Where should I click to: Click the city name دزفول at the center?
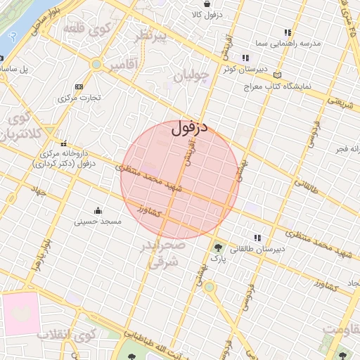pos(189,129)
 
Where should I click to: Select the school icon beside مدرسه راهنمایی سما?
pos(287,32)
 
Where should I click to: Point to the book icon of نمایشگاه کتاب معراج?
pos(278,75)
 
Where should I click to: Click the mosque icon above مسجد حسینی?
pos(98,210)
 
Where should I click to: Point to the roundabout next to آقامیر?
pos(96,65)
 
